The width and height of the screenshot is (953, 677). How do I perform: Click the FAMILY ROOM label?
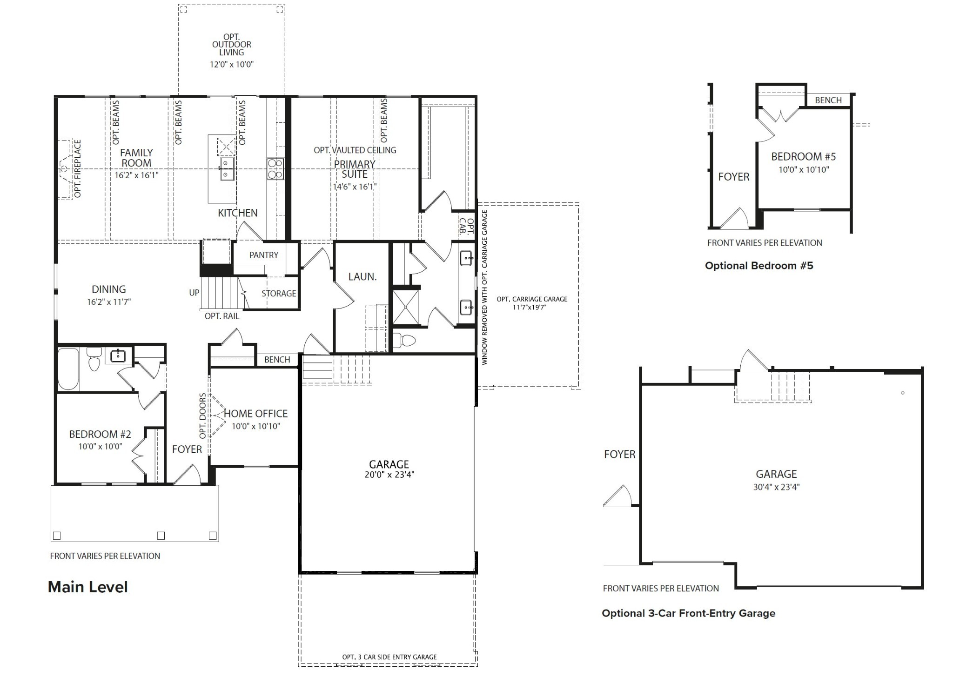tap(136, 158)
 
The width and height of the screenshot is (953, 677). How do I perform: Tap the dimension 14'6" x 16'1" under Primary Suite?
tap(354, 187)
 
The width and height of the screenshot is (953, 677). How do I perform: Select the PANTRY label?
tap(263, 255)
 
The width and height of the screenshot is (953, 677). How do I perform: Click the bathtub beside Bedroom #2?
tap(68, 369)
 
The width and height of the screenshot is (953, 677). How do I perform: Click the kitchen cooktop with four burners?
tap(275, 168)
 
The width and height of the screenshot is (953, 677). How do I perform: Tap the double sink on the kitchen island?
tap(227, 168)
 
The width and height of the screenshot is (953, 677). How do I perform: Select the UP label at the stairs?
tap(194, 293)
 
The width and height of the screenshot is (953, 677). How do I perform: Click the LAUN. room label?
tap(362, 277)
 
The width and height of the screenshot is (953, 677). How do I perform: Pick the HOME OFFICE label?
tap(255, 414)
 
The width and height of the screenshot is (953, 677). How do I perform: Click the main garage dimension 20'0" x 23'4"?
tap(389, 475)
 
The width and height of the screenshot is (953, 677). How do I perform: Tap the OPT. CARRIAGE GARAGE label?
tap(531, 299)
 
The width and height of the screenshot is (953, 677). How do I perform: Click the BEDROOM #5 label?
tap(803, 157)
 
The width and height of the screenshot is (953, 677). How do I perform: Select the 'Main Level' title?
tap(87, 587)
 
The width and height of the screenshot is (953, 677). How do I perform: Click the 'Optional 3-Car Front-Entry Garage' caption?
tap(688, 613)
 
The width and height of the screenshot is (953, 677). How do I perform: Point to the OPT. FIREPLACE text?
tap(77, 168)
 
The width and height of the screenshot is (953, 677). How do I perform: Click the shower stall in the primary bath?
tap(405, 307)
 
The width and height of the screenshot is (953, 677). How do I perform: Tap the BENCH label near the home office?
tap(277, 360)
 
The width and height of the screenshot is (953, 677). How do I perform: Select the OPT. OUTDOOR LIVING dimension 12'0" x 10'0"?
tap(231, 65)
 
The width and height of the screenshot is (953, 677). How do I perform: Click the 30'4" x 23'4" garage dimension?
tap(776, 487)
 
